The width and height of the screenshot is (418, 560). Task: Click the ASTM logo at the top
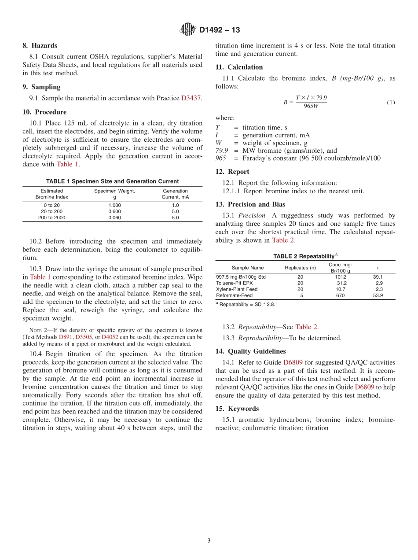(188, 30)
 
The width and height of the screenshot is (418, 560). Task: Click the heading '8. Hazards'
(40, 45)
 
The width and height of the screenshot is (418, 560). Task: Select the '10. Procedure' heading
(44, 112)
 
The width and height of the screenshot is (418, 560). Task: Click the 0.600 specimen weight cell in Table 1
(114, 211)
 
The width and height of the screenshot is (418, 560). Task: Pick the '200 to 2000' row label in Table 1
(51, 217)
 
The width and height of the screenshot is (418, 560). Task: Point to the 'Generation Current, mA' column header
(175, 194)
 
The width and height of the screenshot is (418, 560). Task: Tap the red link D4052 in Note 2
(110, 337)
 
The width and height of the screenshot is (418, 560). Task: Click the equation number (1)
(391, 103)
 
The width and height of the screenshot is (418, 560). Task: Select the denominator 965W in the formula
(311, 107)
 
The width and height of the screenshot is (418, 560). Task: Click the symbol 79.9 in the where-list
(222, 151)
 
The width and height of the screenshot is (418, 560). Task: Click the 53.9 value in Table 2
(378, 295)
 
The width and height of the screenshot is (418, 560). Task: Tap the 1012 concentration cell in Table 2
(340, 277)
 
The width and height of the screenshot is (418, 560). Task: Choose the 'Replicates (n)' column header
(300, 268)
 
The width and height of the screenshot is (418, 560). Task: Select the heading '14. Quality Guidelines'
(250, 351)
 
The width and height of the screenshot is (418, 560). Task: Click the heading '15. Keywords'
(237, 409)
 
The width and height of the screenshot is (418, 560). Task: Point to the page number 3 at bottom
(209, 541)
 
